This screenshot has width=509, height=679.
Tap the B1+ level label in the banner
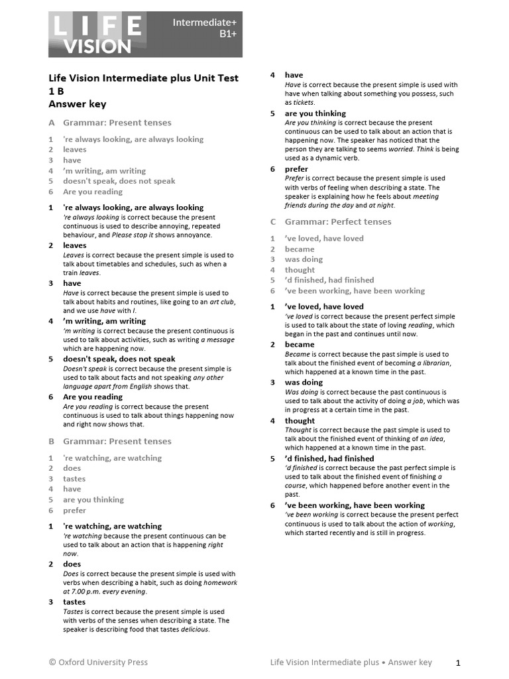click(x=228, y=34)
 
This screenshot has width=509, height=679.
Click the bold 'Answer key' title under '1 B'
click(x=77, y=103)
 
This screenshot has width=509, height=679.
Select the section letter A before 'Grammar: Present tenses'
click(x=51, y=123)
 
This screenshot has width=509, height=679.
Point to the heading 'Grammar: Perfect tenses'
click(x=338, y=221)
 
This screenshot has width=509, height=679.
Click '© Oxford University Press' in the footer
click(x=98, y=662)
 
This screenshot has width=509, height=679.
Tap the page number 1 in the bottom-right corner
click(x=458, y=662)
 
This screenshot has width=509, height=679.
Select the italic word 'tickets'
click(x=304, y=103)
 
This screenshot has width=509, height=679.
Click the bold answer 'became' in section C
click(x=300, y=344)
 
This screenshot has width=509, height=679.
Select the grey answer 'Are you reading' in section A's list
click(x=93, y=192)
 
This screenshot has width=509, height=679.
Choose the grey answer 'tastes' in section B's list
click(x=74, y=479)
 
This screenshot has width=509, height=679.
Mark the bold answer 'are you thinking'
click(x=315, y=113)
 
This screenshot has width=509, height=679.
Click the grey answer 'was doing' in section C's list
click(x=304, y=259)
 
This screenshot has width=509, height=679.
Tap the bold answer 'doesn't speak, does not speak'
click(x=119, y=359)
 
